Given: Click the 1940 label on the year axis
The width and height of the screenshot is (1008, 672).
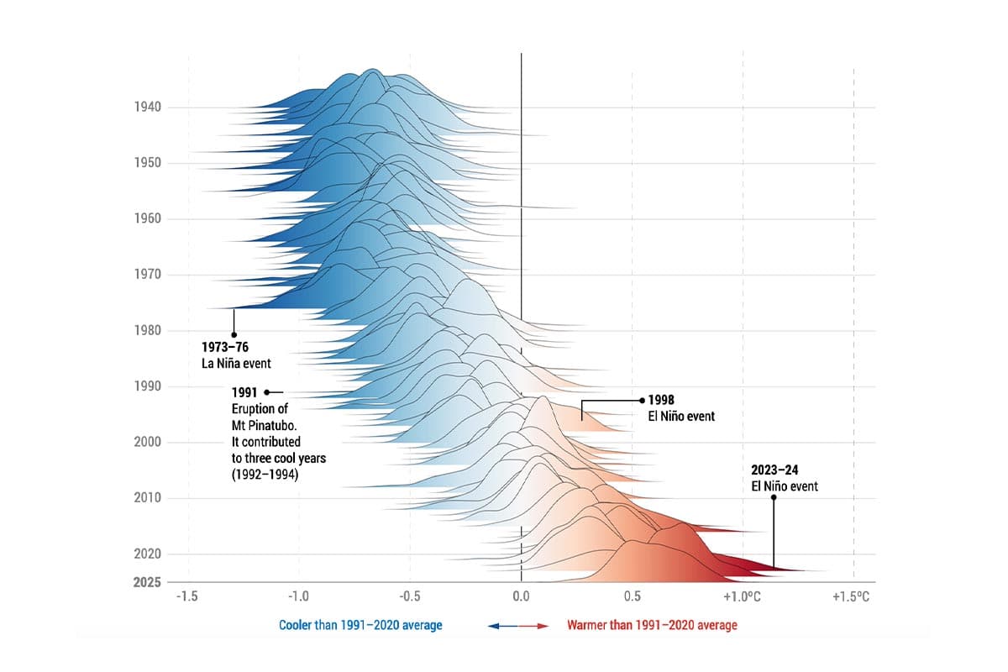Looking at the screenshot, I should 147,107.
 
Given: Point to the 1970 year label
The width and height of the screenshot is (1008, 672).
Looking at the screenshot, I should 147,274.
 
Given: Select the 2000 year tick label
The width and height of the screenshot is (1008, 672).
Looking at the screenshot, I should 147,442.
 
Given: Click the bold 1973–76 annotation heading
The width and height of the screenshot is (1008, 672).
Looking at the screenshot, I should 226,347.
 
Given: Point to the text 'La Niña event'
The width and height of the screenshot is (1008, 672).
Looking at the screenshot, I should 236,363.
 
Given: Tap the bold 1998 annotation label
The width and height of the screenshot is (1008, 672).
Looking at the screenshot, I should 662,400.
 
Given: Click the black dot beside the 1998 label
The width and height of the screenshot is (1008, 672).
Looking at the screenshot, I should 643,401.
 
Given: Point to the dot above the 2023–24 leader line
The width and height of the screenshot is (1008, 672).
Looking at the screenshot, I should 773,496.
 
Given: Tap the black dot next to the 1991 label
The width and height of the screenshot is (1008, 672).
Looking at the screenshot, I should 267,392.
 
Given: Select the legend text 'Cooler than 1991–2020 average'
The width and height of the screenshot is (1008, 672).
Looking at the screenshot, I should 360,625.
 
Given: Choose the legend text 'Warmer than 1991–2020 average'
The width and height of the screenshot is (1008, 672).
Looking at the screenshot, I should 652,625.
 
